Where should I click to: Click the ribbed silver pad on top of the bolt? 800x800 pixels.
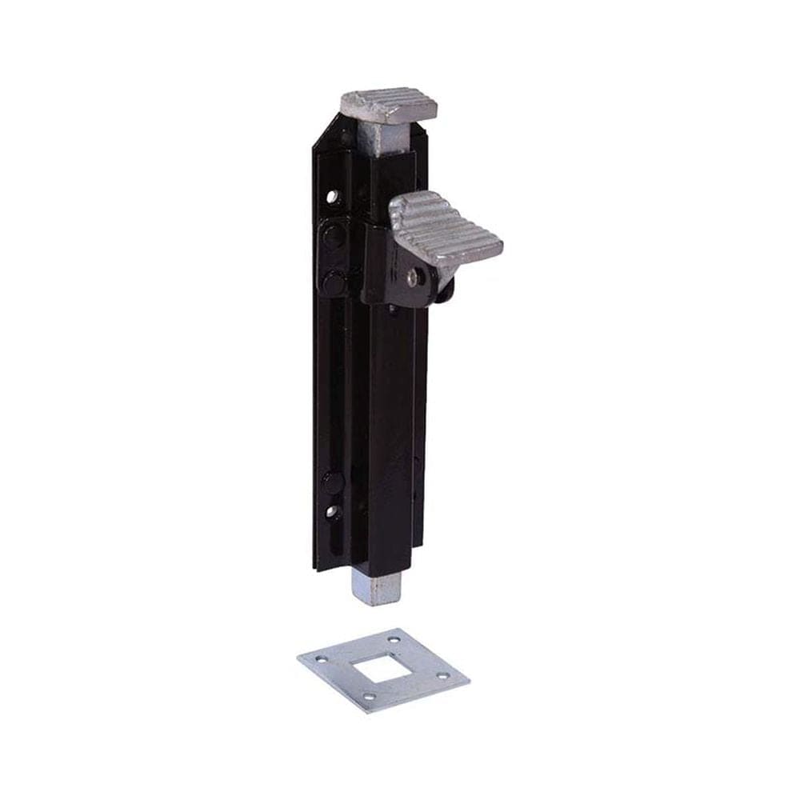tap(387, 103)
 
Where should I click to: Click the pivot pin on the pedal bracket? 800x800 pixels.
tap(412, 276)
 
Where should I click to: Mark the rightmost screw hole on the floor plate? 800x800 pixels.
tap(443, 677)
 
